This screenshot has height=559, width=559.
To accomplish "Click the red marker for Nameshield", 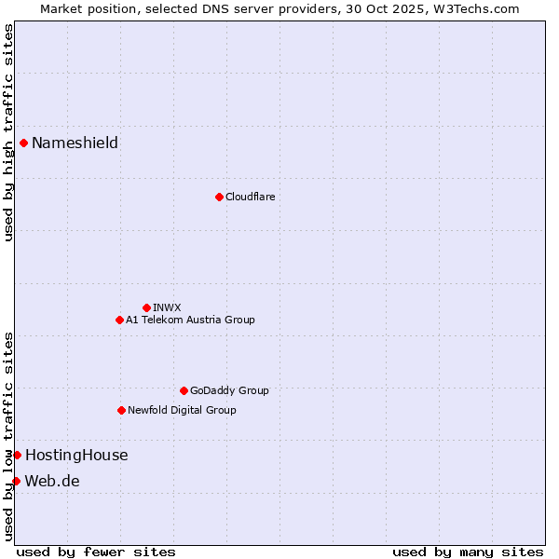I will [x=23, y=143].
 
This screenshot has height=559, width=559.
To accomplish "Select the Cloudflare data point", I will [x=219, y=197].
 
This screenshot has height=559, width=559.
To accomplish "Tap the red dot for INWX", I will [x=146, y=307].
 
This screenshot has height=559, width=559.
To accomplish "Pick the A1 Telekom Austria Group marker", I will [x=119, y=320].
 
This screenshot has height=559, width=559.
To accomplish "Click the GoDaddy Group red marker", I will [x=184, y=390].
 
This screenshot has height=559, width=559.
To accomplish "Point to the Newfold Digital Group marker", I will [x=121, y=410].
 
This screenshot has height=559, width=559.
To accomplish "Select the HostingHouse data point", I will [x=17, y=455].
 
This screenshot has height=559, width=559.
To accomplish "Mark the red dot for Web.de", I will [x=16, y=481].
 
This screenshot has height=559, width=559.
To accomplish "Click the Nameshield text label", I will [x=75, y=143].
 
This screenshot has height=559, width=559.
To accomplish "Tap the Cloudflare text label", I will [x=250, y=197].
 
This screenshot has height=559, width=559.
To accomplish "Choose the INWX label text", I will [x=167, y=307].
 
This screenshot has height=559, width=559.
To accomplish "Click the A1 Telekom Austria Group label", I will [x=190, y=320].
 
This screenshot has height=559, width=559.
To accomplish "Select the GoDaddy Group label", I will [x=229, y=390].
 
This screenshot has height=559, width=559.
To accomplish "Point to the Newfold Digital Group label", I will [x=182, y=410].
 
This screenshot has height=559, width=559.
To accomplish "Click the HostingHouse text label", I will [x=76, y=455].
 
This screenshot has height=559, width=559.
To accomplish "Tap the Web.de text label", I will [x=52, y=481].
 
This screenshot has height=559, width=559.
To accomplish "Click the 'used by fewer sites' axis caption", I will [x=96, y=552].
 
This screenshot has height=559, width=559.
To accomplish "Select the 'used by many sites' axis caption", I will [x=468, y=552].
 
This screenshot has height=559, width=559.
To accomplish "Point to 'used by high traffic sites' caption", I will [x=8, y=132].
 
